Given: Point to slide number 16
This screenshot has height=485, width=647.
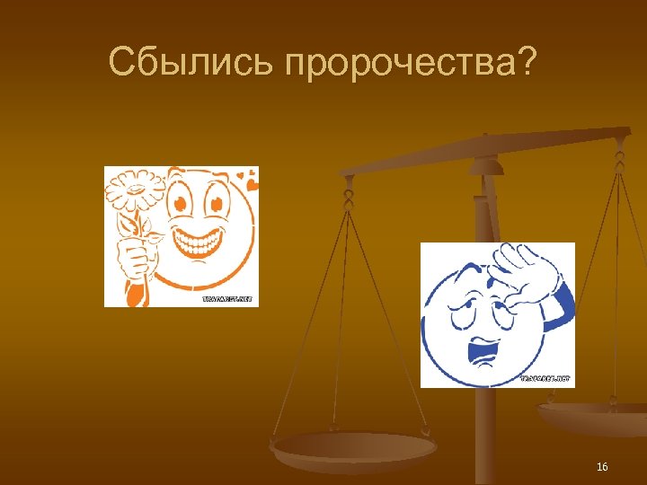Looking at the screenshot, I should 602,467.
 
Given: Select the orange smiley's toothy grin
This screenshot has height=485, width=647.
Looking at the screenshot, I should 202,241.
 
